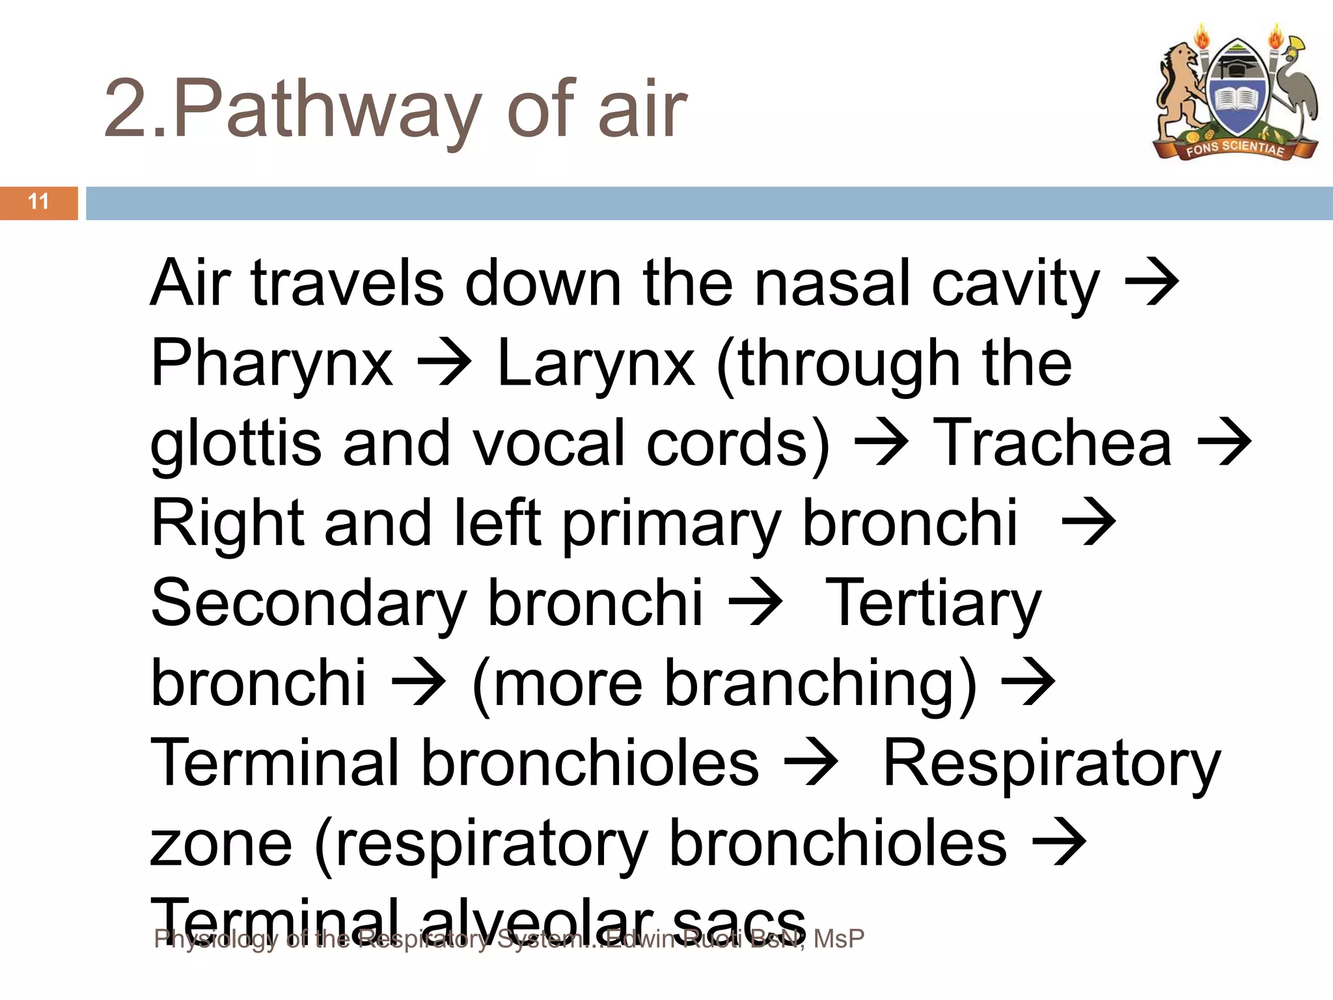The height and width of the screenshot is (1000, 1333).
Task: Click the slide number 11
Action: (39, 202)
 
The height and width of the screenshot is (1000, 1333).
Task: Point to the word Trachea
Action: (1052, 443)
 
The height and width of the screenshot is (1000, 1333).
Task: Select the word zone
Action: (221, 844)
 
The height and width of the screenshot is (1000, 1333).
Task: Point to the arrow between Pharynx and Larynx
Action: (445, 363)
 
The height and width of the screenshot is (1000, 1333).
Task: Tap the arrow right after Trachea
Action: (1224, 443)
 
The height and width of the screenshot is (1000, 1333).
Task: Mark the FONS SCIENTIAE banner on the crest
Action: (1235, 148)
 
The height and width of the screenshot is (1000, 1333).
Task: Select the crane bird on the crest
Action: (1292, 88)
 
